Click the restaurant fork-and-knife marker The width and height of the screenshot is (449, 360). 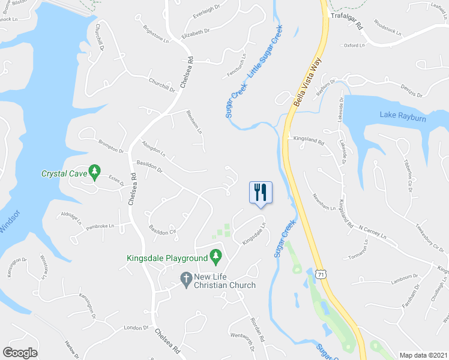pos(261,192)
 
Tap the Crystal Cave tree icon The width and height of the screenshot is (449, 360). pos(94,173)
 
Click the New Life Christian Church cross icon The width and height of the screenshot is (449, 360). pos(186,279)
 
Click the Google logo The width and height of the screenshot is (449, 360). pos(20,353)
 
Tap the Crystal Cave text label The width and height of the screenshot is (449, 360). pos(63,174)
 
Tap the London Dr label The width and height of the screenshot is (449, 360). pos(136,328)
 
